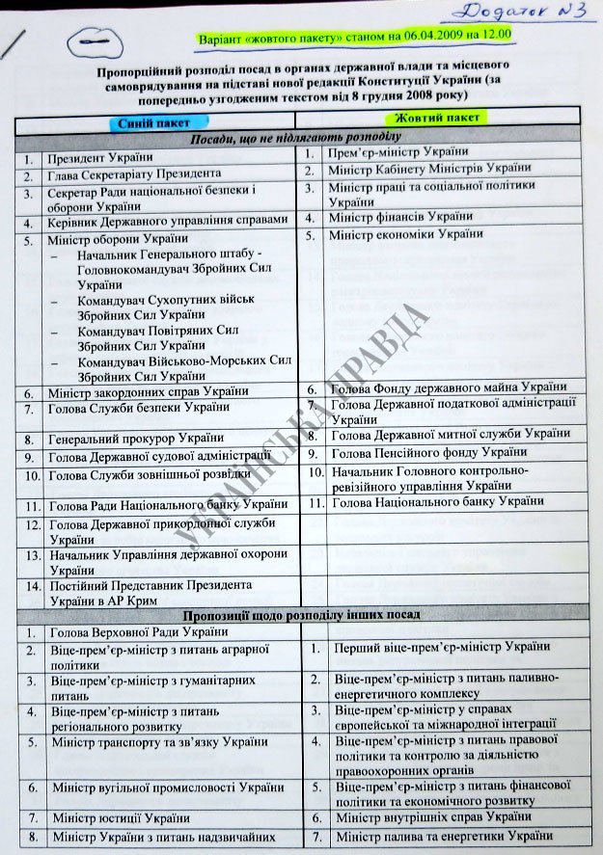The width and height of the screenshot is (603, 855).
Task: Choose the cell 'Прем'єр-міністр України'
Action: tap(398, 151)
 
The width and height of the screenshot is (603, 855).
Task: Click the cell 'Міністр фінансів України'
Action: tap(400, 217)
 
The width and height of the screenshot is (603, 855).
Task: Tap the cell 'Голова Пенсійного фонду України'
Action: tap(428, 451)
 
